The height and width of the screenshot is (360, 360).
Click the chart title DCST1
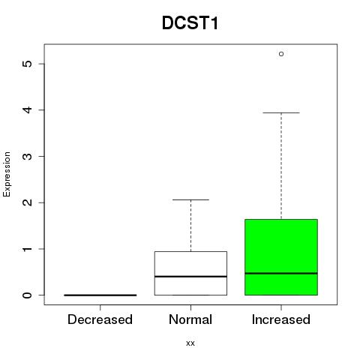pyautogui.click(x=190, y=23)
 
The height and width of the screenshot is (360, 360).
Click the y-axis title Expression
pyautogui.click(x=7, y=174)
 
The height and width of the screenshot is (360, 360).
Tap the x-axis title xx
pyautogui.click(x=190, y=343)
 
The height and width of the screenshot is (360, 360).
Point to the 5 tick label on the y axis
pyautogui.click(x=27, y=64)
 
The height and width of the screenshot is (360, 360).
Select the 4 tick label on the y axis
pyautogui.click(x=27, y=109)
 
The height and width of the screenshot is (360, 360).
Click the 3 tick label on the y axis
pyautogui.click(x=27, y=156)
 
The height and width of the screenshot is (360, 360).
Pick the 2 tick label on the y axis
pyautogui.click(x=27, y=202)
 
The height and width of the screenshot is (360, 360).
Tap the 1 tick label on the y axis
pyautogui.click(x=27, y=249)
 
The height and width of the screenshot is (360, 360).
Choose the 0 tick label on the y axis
pyautogui.click(x=27, y=295)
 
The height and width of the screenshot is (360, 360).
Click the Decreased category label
pyautogui.click(x=100, y=319)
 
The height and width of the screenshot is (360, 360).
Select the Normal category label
pyautogui.click(x=190, y=319)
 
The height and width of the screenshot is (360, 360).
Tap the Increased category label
pyautogui.click(x=281, y=319)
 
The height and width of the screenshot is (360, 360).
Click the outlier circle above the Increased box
pyautogui.click(x=281, y=54)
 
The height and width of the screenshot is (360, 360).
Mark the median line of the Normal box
pyautogui.click(x=190, y=276)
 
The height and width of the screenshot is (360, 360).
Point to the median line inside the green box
pyautogui.click(x=281, y=273)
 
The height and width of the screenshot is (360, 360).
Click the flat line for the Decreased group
pyautogui.click(x=100, y=295)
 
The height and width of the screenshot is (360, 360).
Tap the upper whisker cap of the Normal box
pyautogui.click(x=190, y=199)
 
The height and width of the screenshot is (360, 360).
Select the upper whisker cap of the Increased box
pyautogui.click(x=281, y=112)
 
